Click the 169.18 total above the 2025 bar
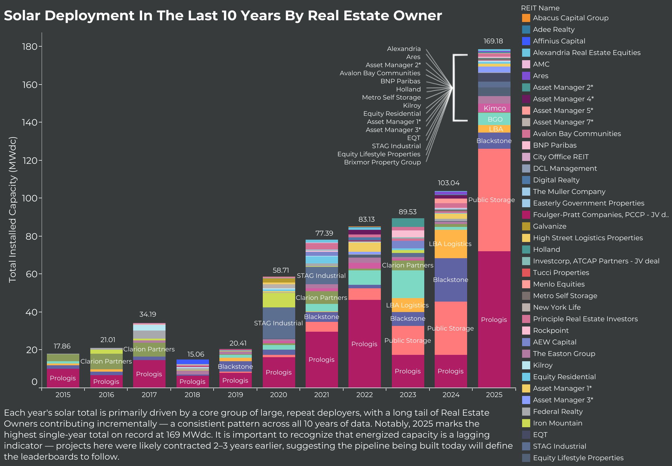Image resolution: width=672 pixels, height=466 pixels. [493, 41]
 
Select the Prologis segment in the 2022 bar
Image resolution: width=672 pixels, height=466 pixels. [364, 344]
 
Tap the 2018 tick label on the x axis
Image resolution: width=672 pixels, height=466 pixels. [192, 395]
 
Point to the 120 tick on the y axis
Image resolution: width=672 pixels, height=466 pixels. [30, 160]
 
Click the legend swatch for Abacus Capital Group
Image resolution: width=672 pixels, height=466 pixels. [526, 18]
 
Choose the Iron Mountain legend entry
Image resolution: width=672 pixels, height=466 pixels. [557, 423]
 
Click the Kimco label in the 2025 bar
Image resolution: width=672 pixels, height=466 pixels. [495, 108]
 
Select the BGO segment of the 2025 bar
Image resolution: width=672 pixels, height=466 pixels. [495, 119]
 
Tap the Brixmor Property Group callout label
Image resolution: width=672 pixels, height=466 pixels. [382, 162]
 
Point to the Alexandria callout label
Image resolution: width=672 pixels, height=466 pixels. [404, 49]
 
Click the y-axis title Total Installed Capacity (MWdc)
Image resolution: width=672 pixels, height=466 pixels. [12, 209]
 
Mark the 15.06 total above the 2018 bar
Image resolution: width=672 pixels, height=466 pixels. [196, 355]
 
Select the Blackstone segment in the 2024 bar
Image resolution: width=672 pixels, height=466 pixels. [450, 280]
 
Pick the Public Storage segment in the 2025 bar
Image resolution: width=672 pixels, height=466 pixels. [494, 200]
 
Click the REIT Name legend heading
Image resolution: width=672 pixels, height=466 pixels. [540, 8]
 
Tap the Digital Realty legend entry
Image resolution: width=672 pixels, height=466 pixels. [556, 180]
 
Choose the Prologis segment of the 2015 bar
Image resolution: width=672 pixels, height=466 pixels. [63, 378]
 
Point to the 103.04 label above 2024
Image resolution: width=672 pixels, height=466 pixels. [448, 183]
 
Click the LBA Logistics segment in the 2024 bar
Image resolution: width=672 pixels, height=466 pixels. [450, 244]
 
